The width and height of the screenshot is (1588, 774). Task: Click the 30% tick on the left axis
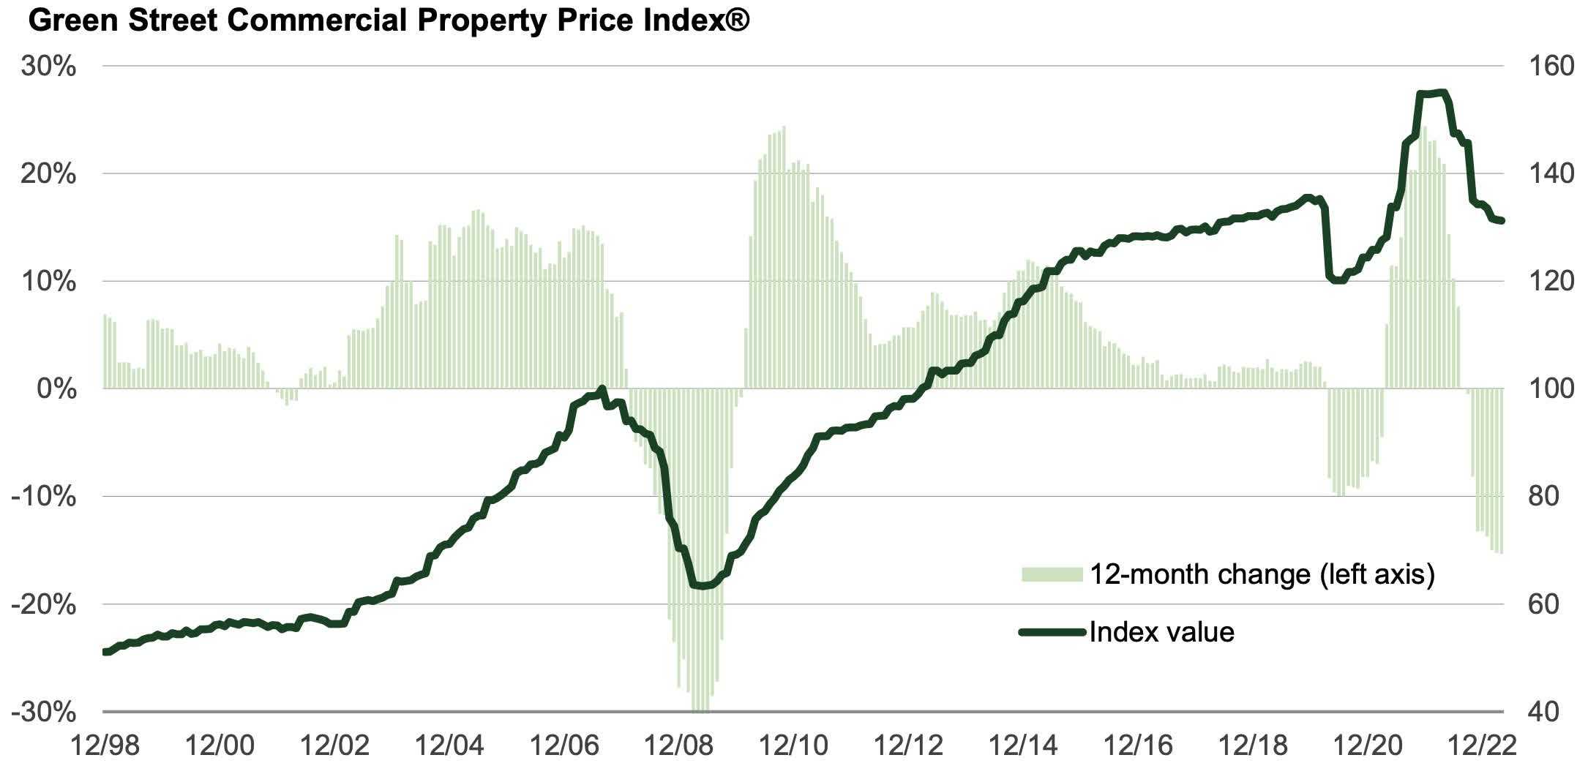click(x=48, y=67)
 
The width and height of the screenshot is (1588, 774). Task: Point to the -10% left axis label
click(x=44, y=497)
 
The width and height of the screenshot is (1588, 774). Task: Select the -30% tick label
click(x=44, y=712)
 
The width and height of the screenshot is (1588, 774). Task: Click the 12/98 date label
click(x=105, y=746)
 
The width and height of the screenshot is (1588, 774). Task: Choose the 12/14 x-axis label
click(x=1023, y=746)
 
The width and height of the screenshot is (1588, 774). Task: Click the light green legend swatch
click(x=1052, y=574)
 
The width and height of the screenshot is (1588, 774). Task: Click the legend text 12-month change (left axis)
click(x=1262, y=574)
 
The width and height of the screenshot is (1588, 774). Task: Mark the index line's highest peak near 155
click(x=1440, y=92)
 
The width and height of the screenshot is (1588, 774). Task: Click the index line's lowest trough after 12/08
click(x=701, y=586)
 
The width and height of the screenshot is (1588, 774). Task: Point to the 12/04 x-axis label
click(x=449, y=746)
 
